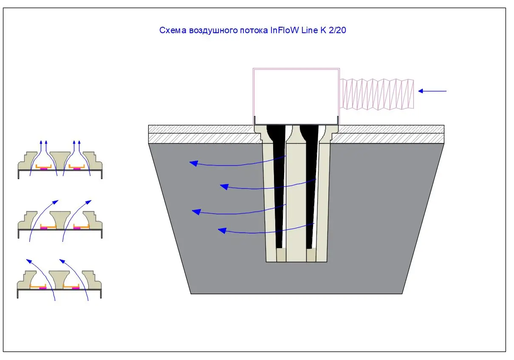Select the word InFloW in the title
[284, 31]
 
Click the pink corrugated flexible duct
[377, 94]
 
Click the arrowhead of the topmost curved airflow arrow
[192, 162]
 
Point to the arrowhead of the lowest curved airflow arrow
[221, 230]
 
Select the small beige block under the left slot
[281, 255]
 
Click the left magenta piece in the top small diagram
[43, 169]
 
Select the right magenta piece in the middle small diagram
[77, 228]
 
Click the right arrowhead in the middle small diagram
[90, 201]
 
